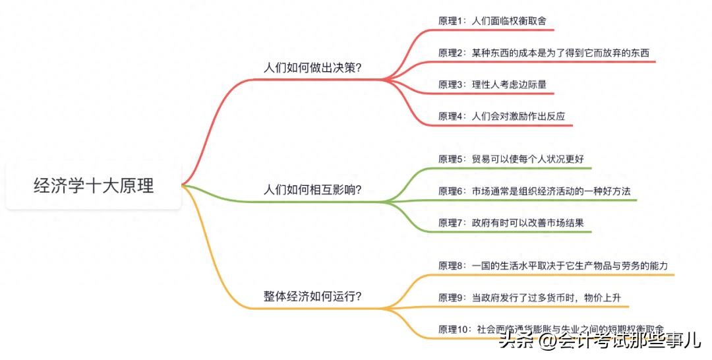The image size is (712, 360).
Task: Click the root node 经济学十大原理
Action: (94, 186)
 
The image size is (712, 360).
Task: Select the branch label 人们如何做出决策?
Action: (312, 68)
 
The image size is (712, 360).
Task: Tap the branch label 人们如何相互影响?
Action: (312, 189)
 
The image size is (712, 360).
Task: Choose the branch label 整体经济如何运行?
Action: (312, 297)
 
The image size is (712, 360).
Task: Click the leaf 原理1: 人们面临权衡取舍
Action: (492, 21)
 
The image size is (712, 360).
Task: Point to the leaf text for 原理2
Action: (543, 53)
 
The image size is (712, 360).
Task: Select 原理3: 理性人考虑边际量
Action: (492, 84)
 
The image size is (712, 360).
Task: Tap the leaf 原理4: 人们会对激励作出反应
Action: (502, 116)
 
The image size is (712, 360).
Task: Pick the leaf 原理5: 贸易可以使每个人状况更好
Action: (511, 159)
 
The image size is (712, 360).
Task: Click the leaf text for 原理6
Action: (535, 191)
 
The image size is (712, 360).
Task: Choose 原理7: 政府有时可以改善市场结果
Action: (511, 223)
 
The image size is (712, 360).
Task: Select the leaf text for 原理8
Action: (553, 266)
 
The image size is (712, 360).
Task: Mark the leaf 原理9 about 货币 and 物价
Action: (529, 298)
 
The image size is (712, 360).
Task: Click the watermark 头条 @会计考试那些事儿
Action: (601, 340)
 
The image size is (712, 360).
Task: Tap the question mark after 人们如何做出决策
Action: (358, 68)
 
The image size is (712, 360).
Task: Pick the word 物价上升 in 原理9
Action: (603, 298)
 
